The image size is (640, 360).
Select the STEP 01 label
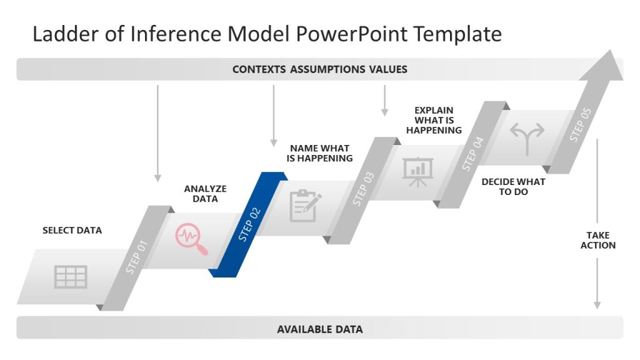pyautogui.click(x=136, y=257)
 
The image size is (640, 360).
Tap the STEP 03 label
pyautogui.click(x=363, y=189)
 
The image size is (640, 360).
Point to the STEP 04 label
pyautogui.click(x=472, y=154)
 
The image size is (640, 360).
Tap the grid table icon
pyautogui.click(x=71, y=276)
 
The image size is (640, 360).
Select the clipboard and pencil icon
pyautogui.click(x=305, y=206)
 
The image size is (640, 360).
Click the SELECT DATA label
pyautogui.click(x=72, y=231)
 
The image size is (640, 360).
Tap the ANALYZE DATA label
pyautogui.click(x=205, y=194)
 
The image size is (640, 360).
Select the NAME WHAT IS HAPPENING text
pyautogui.click(x=319, y=153)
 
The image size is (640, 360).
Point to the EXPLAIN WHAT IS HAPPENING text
pyautogui.click(x=434, y=121)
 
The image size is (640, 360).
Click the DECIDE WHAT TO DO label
pyautogui.click(x=513, y=187)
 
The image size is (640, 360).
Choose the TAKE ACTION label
pyautogui.click(x=597, y=240)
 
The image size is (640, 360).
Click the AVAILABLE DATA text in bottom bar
pyautogui.click(x=319, y=329)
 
